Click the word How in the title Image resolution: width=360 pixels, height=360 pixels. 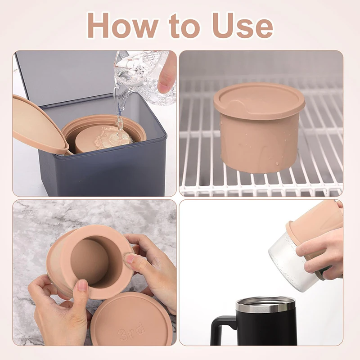click(123, 25)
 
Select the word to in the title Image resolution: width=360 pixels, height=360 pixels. click(184, 26)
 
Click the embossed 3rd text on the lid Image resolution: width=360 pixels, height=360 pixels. click(131, 331)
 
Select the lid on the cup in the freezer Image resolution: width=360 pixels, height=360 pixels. click(259, 99)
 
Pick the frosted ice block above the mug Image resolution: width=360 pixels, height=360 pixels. click(290, 264)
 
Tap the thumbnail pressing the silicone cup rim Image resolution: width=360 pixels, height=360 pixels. click(129, 259)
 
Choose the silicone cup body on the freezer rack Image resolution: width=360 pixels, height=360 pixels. click(260, 142)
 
